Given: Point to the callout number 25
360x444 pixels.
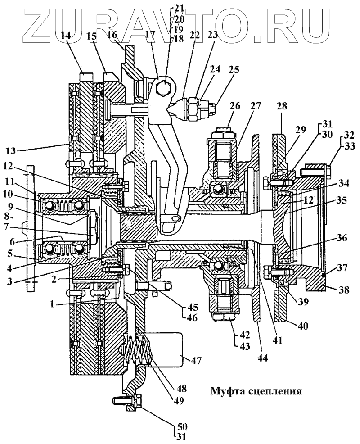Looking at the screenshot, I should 234,70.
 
